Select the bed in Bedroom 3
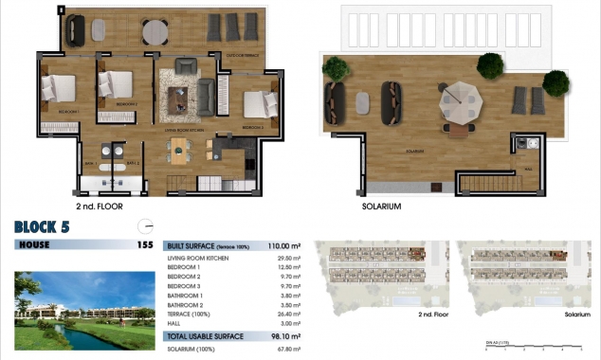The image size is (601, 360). pos(257,105)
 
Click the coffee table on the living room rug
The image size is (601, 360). pos(177,98)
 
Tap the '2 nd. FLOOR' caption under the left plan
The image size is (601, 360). pos(100,206)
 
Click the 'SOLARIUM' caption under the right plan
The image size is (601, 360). pos(382,206)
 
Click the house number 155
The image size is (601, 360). pos(144,244)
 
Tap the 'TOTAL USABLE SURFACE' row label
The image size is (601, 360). pos(205,336)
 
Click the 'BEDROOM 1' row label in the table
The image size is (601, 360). pos(184,267)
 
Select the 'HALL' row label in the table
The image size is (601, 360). pos(174,323)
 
